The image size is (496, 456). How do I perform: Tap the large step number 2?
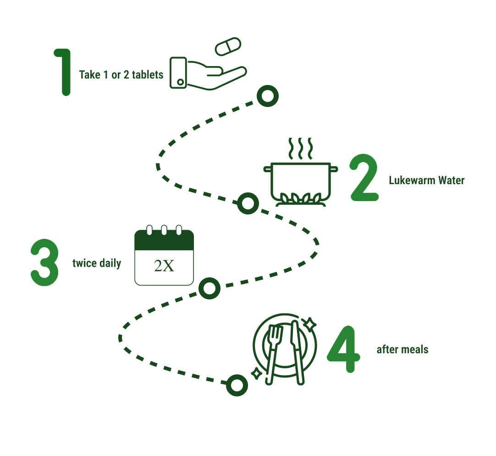click(364, 179)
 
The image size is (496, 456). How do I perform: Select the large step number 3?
click(44, 263)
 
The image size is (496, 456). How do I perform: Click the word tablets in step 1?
click(148, 74)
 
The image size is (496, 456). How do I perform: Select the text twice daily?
click(97, 264)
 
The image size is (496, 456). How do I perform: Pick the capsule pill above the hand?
click(228, 46)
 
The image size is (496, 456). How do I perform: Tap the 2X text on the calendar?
click(164, 266)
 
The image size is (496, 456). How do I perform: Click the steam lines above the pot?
click(300, 148)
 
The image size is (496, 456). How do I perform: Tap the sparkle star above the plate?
click(310, 324)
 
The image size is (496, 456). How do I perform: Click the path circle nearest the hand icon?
click(267, 96)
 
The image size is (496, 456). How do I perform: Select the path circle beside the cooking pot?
click(248, 203)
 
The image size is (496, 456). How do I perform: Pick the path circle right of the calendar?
click(209, 288)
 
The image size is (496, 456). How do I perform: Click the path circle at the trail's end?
click(237, 385)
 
